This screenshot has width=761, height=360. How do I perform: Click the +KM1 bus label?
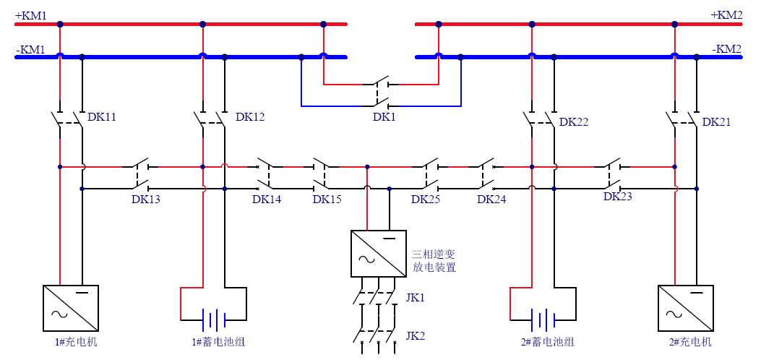pos(30,14)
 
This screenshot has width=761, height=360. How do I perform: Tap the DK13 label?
pos(146,200)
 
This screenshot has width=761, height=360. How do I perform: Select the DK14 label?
pos(267,200)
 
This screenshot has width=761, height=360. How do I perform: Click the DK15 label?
pos(327,200)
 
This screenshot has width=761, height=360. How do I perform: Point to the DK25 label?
pos(426,200)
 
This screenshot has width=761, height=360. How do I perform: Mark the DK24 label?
pos(492,200)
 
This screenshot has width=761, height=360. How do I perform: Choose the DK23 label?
pos(618,196)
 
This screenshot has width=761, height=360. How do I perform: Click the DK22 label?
pos(574,122)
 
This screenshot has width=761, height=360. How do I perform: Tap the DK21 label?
pos(716,122)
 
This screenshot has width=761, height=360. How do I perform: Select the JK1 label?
pos(416,298)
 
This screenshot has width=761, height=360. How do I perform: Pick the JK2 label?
pos(416,336)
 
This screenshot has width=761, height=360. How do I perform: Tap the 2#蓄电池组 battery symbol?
pos(542,318)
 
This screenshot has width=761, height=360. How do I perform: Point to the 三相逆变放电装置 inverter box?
pos(375,253)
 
